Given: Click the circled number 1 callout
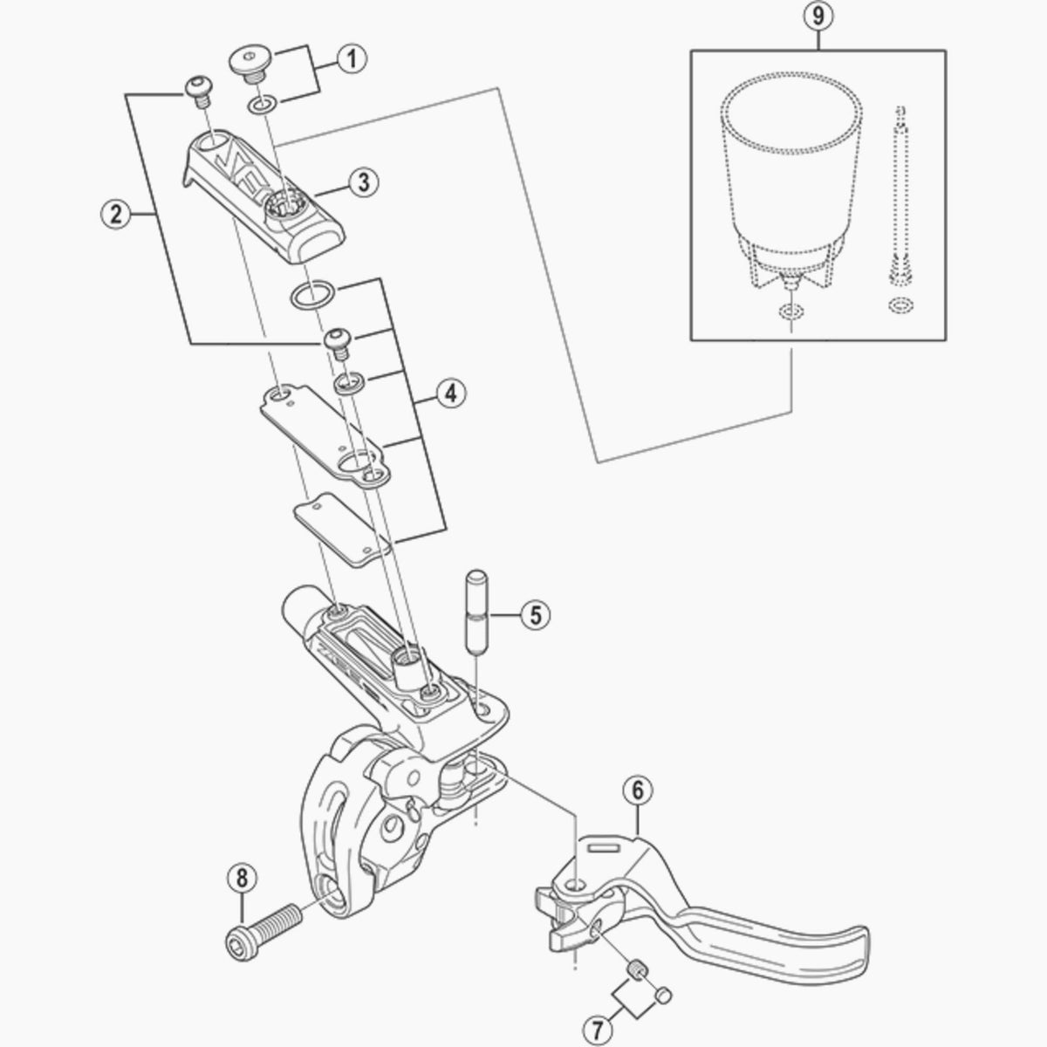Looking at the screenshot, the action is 352,59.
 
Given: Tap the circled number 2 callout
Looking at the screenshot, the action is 116,214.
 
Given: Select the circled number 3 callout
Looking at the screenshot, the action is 364,182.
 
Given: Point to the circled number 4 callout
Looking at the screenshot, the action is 451,393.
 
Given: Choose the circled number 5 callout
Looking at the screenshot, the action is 536,614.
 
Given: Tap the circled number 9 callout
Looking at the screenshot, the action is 818,17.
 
